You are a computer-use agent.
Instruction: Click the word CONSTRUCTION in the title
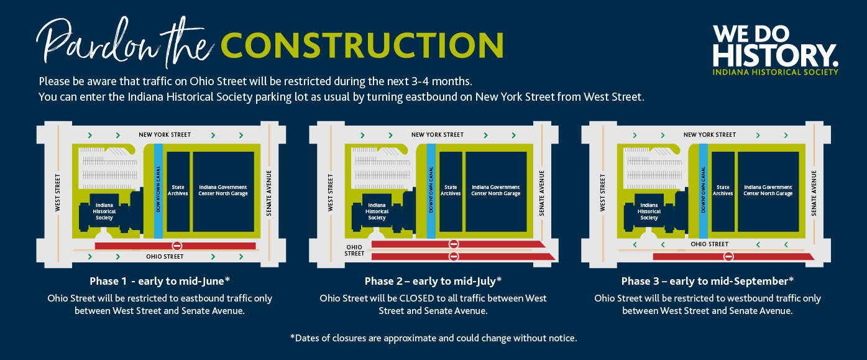click(x=362, y=45)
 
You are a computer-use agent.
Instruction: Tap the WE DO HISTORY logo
click(x=775, y=50)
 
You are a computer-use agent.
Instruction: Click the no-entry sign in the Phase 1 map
click(x=177, y=246)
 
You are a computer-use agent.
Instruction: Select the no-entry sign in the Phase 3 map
click(x=728, y=256)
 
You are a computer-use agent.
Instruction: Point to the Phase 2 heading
click(x=433, y=281)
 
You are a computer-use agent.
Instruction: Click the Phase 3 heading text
click(x=707, y=281)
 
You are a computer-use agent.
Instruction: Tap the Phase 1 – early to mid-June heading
click(x=160, y=281)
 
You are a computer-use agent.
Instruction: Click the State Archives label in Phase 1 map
click(x=178, y=190)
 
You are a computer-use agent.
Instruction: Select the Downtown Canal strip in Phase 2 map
click(x=431, y=191)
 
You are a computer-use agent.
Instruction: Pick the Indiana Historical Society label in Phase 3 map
click(x=649, y=211)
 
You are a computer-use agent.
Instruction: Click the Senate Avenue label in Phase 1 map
click(x=269, y=193)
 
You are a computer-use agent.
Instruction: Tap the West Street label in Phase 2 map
click(x=330, y=193)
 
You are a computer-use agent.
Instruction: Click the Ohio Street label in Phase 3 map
click(x=710, y=244)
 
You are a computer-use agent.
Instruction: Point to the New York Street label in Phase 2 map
click(x=438, y=135)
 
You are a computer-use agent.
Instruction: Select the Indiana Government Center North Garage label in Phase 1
click(x=223, y=190)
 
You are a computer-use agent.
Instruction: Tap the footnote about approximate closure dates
click(x=434, y=338)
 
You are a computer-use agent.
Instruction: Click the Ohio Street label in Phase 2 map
click(x=354, y=250)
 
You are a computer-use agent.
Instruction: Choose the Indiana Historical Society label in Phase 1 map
click(x=104, y=211)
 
